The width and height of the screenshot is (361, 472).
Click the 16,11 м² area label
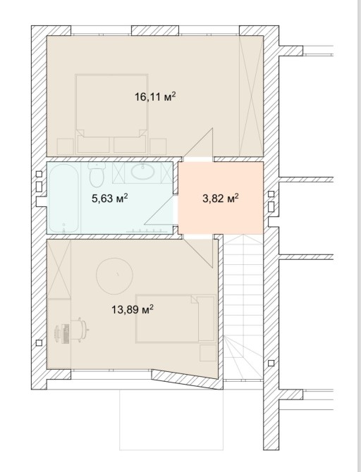155,97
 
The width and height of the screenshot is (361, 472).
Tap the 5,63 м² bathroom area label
110,199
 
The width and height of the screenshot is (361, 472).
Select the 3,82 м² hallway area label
221,199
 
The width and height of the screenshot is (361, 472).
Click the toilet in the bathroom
97,175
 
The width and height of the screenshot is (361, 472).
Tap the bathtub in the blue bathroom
63,198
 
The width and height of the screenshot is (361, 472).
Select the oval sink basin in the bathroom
142,171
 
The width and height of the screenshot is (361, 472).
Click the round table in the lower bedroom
114,275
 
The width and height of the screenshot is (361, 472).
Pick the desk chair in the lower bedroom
79,330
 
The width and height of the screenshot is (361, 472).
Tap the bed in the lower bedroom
176,318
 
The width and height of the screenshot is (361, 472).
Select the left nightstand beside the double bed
66,147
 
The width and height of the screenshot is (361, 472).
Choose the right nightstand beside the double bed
158,147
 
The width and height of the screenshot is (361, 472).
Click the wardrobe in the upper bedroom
251,96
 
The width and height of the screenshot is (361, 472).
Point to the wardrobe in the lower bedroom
59,269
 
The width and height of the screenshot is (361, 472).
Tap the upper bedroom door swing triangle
199,143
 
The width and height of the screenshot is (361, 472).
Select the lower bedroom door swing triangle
198,252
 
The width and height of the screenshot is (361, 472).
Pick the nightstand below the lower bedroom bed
208,353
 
